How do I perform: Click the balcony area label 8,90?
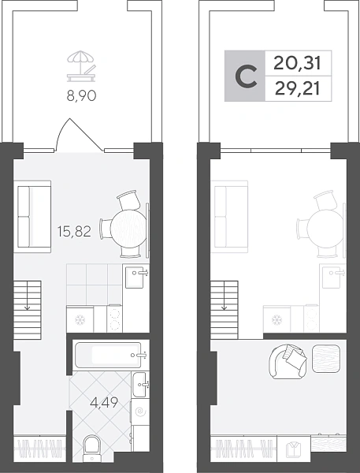pos(81,95)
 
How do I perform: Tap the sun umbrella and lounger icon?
pos(81,66)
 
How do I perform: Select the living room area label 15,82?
pos(74,231)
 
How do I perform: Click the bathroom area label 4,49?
pos(104,402)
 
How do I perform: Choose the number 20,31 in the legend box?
pos(297,64)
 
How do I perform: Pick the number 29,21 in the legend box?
pos(297,89)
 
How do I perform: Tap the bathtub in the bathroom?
pos(108,355)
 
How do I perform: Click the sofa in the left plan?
pos(32,216)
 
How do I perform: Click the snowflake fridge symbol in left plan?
pos(80,318)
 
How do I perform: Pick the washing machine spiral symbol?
pos(140,412)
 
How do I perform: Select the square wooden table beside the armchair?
pos(326,359)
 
